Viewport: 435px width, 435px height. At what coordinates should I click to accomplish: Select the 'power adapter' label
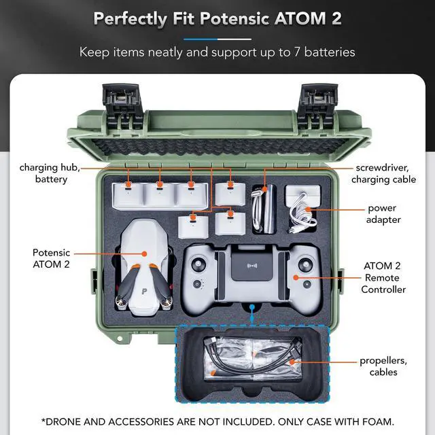381,214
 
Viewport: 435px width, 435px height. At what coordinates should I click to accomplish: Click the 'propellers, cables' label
379,366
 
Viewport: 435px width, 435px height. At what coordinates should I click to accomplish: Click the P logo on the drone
145,290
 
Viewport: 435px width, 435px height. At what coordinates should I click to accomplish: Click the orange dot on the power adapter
307,210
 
